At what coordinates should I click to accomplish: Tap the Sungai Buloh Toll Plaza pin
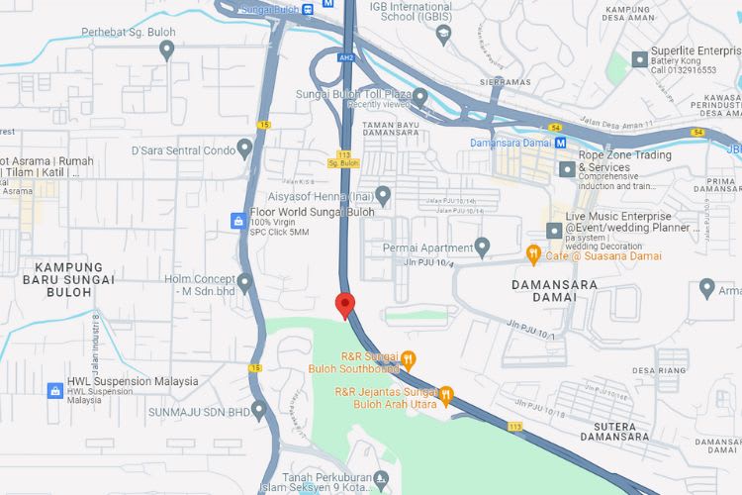(x=419, y=97)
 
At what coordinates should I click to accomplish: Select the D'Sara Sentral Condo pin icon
(x=244, y=150)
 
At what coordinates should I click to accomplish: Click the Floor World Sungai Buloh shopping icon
(x=237, y=220)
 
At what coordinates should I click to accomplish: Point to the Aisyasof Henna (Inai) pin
(x=383, y=193)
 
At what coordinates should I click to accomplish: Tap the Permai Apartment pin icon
(x=482, y=245)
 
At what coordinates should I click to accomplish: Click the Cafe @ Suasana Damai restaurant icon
(x=533, y=254)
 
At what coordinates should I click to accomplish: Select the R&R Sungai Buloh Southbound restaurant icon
(x=408, y=358)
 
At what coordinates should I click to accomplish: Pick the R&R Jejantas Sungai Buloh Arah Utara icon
(x=446, y=396)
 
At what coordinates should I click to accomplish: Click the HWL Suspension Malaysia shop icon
(x=55, y=390)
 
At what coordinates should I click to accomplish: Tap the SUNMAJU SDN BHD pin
(x=258, y=408)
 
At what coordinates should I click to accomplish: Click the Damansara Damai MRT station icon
(x=560, y=143)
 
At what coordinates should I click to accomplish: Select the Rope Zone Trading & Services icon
(x=567, y=168)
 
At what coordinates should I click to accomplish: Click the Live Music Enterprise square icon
(x=554, y=230)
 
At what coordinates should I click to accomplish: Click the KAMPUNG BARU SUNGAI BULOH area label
(x=75, y=273)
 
